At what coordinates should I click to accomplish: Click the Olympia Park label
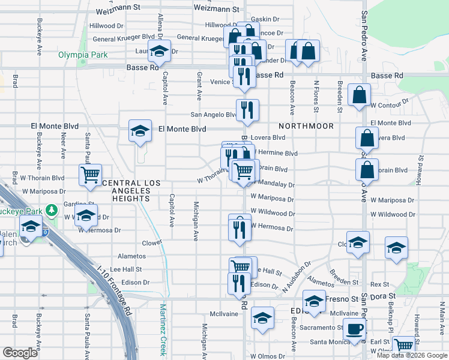[83, 55]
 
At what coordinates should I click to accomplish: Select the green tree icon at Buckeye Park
[53, 210]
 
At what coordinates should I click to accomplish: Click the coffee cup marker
[354, 329]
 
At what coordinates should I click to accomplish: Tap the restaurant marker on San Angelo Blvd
[247, 110]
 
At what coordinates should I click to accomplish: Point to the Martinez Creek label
[162, 329]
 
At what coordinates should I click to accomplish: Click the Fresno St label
[343, 298]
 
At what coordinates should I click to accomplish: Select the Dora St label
[383, 296]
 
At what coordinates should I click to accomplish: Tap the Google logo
[20, 352]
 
